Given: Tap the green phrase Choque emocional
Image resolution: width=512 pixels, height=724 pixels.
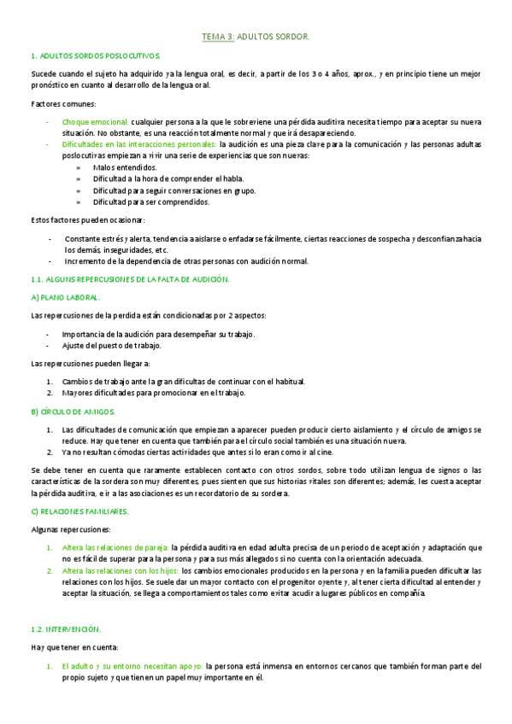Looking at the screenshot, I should click(96, 122).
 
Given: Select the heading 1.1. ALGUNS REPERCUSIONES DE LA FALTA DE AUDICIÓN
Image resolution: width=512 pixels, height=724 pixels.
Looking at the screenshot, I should click(129, 279).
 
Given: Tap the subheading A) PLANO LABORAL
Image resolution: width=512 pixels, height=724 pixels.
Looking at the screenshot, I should click(65, 297).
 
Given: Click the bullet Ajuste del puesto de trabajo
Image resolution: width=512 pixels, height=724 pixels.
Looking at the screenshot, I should click(113, 346).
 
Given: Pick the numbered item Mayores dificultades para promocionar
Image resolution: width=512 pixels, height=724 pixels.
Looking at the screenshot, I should click(154, 393).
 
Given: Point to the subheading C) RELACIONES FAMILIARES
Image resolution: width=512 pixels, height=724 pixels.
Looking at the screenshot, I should click(79, 511).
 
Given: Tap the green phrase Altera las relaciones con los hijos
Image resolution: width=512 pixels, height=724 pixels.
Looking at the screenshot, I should click(121, 570).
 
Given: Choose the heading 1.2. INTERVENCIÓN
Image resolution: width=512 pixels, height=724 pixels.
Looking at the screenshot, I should click(65, 628).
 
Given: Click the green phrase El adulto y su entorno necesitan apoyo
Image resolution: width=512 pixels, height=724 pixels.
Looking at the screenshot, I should click(132, 666).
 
